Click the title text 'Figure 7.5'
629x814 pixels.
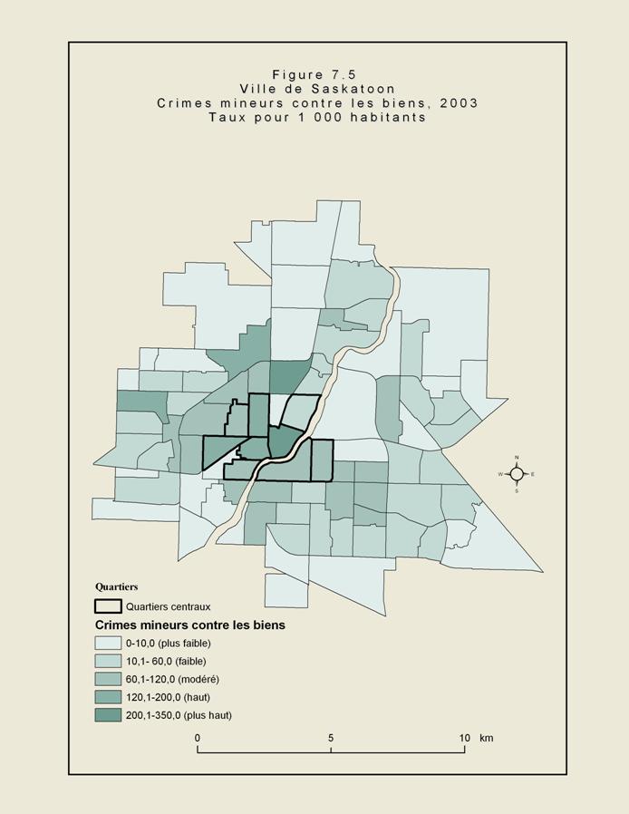click(317, 74)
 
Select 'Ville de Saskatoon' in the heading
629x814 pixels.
click(317, 89)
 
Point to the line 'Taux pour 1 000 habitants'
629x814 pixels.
click(317, 117)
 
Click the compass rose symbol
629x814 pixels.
click(517, 474)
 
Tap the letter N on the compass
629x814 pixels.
click(517, 457)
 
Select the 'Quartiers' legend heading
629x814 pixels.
click(116, 586)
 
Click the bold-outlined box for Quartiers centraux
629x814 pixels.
click(109, 606)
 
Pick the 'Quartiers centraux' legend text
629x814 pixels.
click(169, 607)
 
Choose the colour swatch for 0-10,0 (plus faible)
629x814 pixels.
click(109, 643)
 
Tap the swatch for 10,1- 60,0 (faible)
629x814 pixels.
click(109, 661)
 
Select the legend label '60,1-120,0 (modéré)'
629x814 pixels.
click(172, 679)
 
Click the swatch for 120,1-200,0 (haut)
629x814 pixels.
click(109, 697)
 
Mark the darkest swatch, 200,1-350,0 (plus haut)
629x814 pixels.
click(109, 715)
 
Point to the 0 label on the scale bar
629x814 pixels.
click(198, 738)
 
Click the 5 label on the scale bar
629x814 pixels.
click(331, 738)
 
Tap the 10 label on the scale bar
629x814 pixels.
click(463, 738)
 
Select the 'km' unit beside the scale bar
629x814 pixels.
click(487, 738)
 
